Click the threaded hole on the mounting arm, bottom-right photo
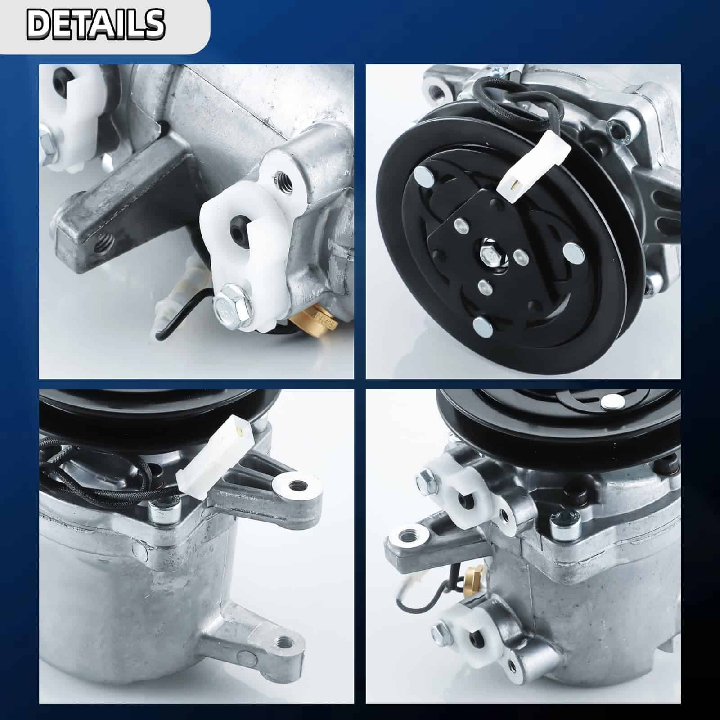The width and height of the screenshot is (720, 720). [409, 536]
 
